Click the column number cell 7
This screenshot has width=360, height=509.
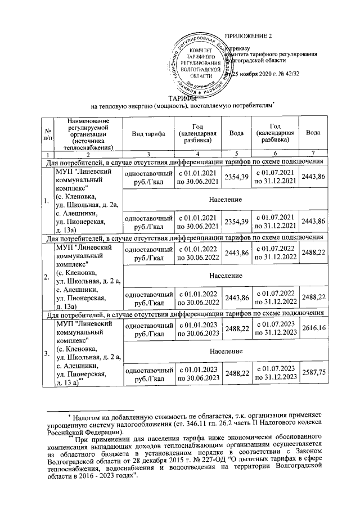point(313,154)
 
